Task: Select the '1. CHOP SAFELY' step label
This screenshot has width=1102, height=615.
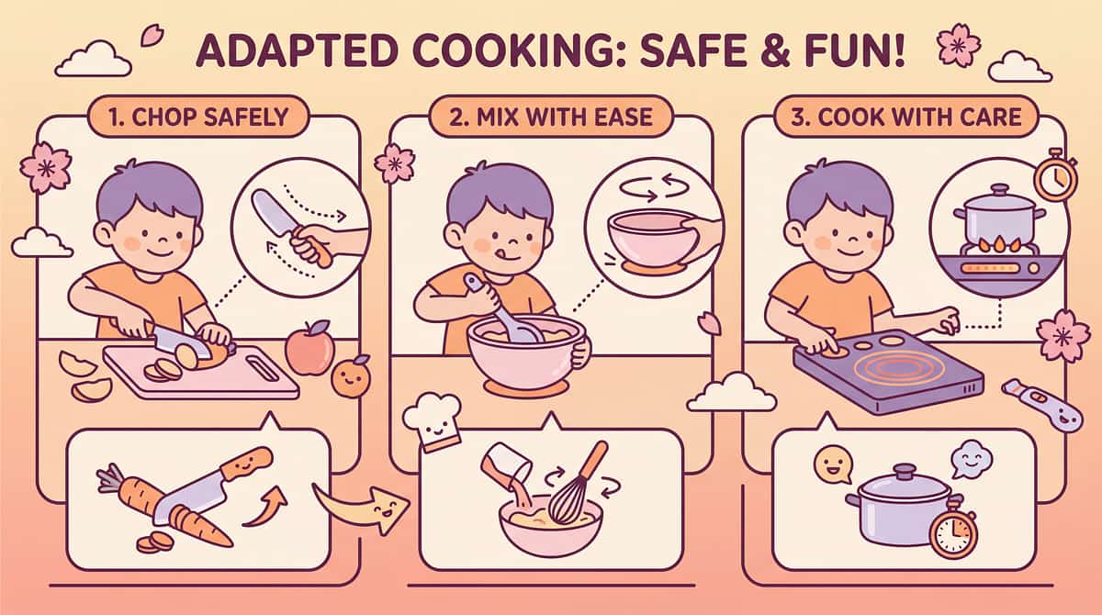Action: coord(198,117)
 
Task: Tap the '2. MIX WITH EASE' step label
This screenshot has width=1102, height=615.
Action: coord(551,117)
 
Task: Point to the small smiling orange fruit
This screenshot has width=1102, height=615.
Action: coord(351,377)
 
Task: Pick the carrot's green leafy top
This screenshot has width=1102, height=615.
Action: coord(110,477)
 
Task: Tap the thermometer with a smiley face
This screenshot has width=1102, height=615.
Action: coord(1042,404)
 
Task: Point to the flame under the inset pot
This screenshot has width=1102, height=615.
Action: coord(998,245)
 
